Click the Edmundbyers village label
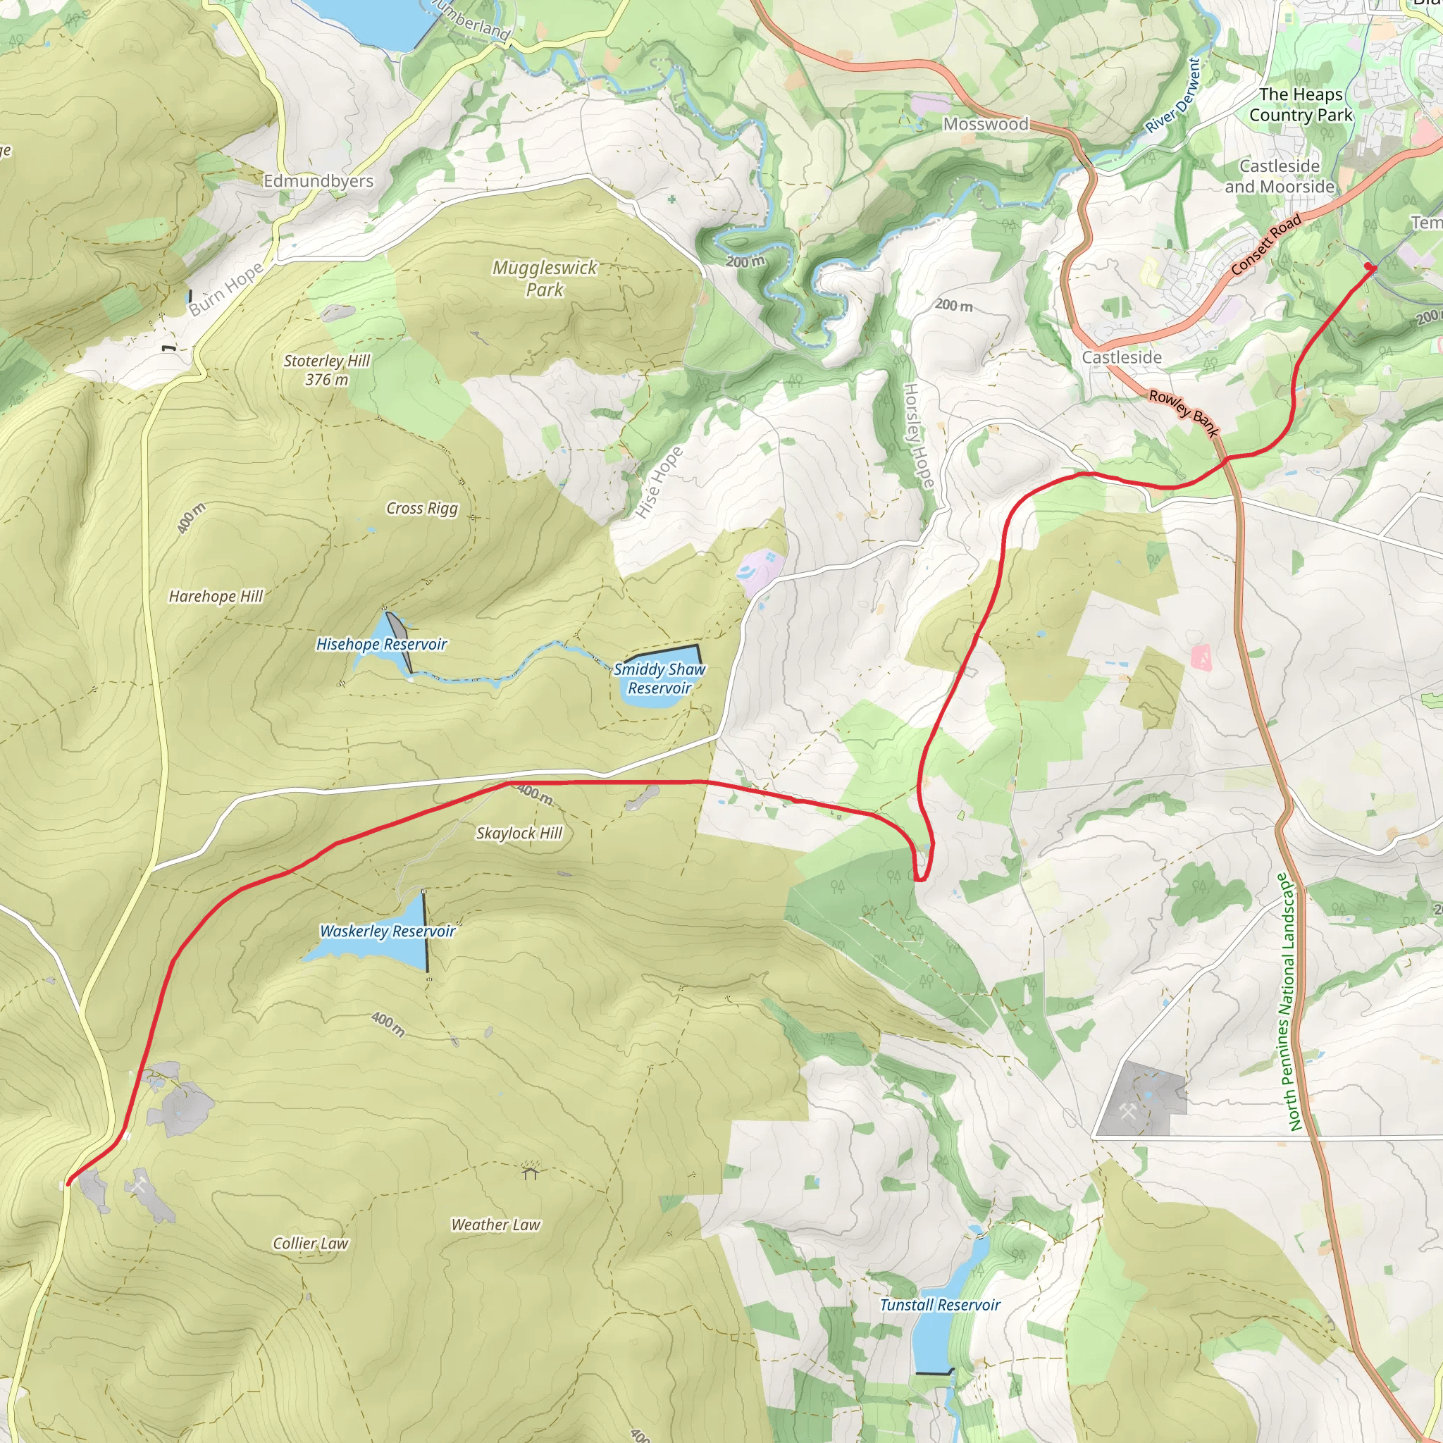[x=318, y=181]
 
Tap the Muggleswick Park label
[x=545, y=278]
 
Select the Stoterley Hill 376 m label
[x=327, y=370]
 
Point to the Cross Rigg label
[x=422, y=508]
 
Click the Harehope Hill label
[x=216, y=596]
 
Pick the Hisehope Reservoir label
[x=382, y=644]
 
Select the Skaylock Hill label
[x=519, y=833]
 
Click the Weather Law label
[x=495, y=1224]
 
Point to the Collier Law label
[x=310, y=1243]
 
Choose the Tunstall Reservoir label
[x=940, y=1305]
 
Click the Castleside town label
[x=1122, y=358]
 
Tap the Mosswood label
[x=986, y=124]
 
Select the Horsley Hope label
[x=918, y=435]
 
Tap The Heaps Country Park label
[x=1301, y=104]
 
